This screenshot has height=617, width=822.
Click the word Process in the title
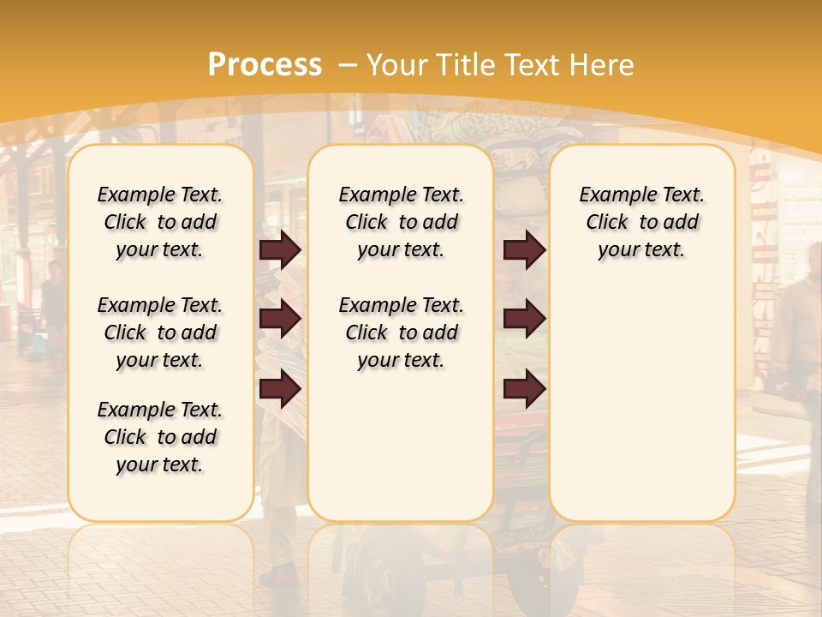pyautogui.click(x=265, y=65)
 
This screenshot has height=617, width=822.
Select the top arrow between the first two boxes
pyautogui.click(x=280, y=249)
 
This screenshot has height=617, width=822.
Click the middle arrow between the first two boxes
pyautogui.click(x=280, y=319)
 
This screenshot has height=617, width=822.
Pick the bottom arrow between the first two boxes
pyautogui.click(x=280, y=389)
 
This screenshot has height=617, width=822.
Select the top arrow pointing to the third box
pyautogui.click(x=524, y=249)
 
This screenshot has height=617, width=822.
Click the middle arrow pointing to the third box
pyautogui.click(x=524, y=319)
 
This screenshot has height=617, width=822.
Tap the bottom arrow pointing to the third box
pyautogui.click(x=524, y=389)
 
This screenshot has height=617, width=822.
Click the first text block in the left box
pyautogui.click(x=160, y=222)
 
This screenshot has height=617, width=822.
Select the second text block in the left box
pyautogui.click(x=160, y=332)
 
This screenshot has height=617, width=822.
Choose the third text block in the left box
pyautogui.click(x=160, y=437)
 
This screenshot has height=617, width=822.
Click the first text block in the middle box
pyautogui.click(x=401, y=222)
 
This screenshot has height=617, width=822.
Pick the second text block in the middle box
pyautogui.click(x=401, y=332)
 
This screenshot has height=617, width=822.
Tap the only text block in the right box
pyautogui.click(x=641, y=222)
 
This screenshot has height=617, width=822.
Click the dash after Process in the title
pyautogui.click(x=348, y=65)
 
